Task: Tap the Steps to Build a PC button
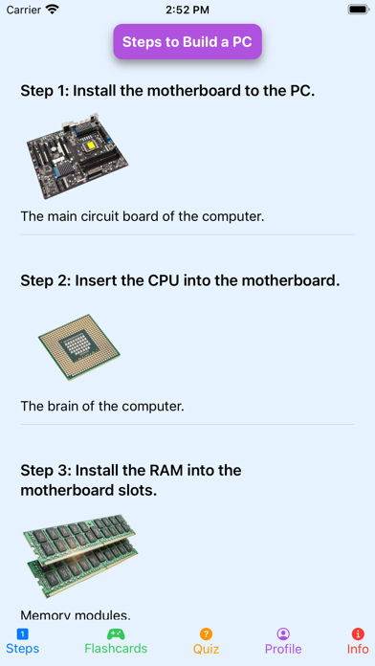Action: click(187, 42)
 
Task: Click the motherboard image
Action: click(77, 156)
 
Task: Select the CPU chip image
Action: click(79, 347)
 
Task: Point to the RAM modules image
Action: click(80, 556)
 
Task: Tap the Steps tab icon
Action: click(23, 634)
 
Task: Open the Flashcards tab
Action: click(116, 641)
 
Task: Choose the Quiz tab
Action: click(206, 641)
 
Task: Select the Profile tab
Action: click(283, 641)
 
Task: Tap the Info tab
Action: click(358, 641)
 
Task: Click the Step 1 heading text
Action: click(167, 91)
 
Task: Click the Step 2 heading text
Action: click(180, 280)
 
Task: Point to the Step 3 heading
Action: click(131, 480)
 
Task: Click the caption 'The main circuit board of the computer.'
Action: click(143, 216)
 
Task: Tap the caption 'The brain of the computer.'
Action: click(102, 406)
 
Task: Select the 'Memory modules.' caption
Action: click(76, 614)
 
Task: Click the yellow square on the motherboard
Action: click(91, 146)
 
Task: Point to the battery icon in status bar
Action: click(359, 10)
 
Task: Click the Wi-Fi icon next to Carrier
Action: click(53, 10)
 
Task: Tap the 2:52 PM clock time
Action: click(187, 10)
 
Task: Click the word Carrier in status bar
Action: click(24, 10)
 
